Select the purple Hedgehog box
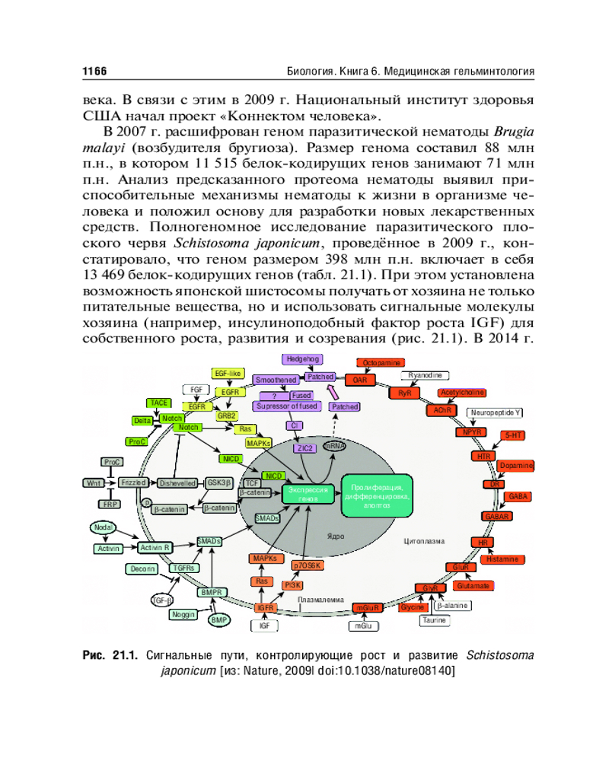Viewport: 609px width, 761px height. (303, 358)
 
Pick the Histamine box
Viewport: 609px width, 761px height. (502, 559)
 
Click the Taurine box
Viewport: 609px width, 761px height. (435, 620)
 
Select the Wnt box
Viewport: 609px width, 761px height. (93, 482)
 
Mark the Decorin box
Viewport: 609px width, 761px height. (142, 568)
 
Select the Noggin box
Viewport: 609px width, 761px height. (183, 614)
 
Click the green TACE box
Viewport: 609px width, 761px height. (159, 403)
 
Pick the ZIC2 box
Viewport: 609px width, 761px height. (306, 448)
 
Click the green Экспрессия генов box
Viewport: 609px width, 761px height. (308, 492)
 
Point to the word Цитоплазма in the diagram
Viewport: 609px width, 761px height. (424, 541)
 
